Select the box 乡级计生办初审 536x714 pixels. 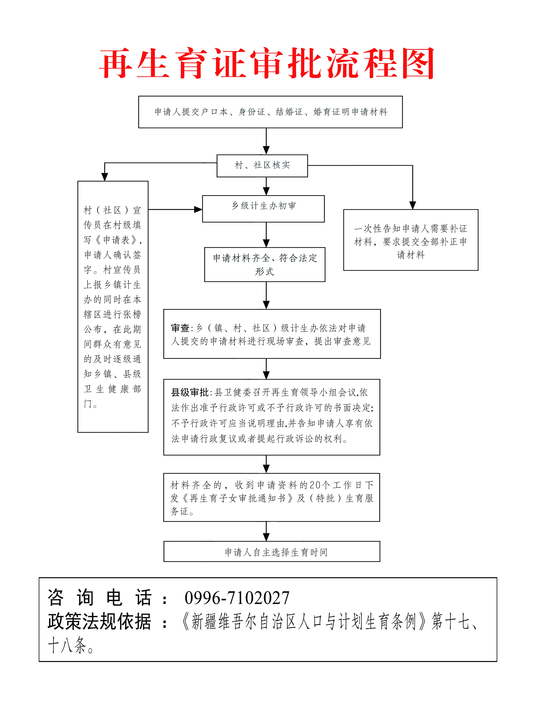pos(263,209)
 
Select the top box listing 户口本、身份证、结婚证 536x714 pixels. pos(270,112)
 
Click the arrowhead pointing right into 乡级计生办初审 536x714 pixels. pos(198,209)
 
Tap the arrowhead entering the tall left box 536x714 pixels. pos(105,177)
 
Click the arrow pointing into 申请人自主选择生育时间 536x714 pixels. pos(266,531)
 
